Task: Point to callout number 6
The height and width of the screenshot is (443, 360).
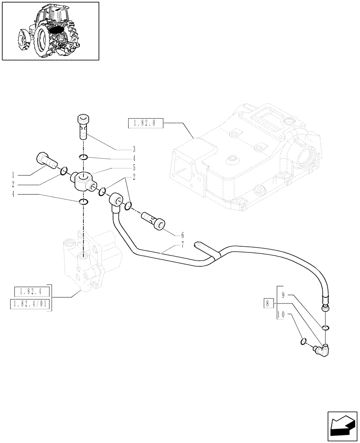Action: pyautogui.click(x=182, y=235)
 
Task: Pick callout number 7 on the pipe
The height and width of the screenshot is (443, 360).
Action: pyautogui.click(x=182, y=245)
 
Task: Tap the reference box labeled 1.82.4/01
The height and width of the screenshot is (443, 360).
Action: pyautogui.click(x=30, y=305)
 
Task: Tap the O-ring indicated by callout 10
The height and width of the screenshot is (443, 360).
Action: pyautogui.click(x=303, y=341)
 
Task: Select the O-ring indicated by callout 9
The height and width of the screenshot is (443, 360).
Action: pyautogui.click(x=326, y=328)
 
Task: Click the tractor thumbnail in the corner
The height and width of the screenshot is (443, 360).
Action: pyautogui.click(x=50, y=31)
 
